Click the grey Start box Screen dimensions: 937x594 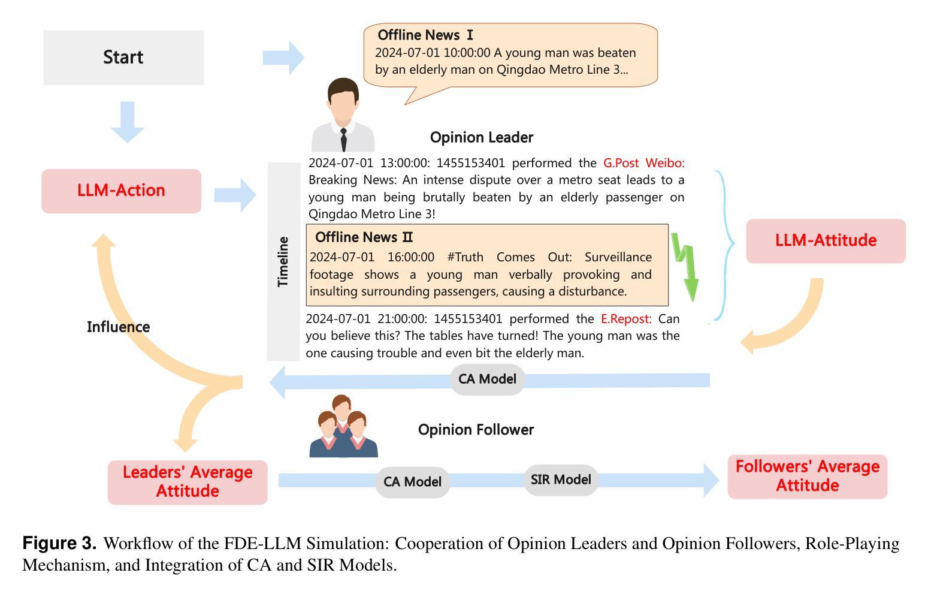tap(123, 58)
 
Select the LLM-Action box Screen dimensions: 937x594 tap(121, 191)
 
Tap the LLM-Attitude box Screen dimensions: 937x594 tap(826, 241)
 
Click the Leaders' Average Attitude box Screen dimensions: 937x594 tap(188, 483)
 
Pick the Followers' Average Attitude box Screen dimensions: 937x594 tap(808, 477)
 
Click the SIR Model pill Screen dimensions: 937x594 tap(561, 480)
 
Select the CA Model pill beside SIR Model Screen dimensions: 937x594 tap(412, 482)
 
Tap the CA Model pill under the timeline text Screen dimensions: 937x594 tap(487, 379)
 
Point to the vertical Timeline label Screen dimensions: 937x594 tap(283, 261)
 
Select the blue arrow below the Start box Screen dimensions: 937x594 tap(128, 122)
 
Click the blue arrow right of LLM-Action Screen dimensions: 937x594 tap(235, 195)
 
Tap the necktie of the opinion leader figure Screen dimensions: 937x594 tap(343, 140)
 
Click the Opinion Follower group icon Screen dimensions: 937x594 tap(343, 426)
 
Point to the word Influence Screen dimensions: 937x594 tap(119, 327)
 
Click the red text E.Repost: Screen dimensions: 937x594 tap(626, 319)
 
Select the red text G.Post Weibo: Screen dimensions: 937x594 tap(644, 163)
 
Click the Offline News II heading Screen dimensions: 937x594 tap(364, 237)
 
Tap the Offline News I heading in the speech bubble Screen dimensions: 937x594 tap(425, 35)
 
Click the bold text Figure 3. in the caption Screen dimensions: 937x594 tap(59, 543)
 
